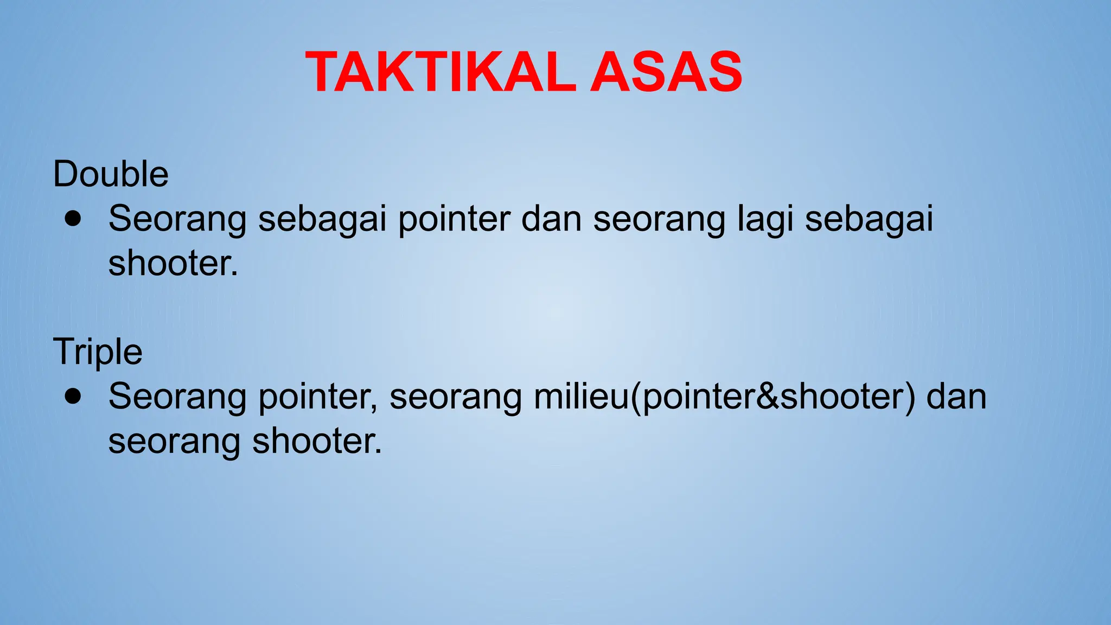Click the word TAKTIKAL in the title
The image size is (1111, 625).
coord(440,72)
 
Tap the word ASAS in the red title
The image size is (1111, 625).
coord(666,72)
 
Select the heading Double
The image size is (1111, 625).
coord(111,174)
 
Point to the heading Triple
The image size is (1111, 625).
coord(98,352)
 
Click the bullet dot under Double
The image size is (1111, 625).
coord(73,219)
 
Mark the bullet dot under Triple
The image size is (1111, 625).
coord(73,396)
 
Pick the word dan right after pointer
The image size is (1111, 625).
coord(551,219)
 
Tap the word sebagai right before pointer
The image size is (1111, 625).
coord(322,220)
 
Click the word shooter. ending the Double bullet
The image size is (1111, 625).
coord(173,264)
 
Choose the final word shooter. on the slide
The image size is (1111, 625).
coord(317,441)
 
